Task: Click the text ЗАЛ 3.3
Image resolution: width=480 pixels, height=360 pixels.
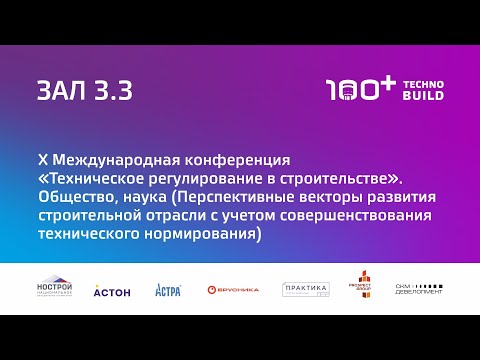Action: click(84, 90)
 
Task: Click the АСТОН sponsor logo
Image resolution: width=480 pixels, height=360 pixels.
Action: click(111, 290)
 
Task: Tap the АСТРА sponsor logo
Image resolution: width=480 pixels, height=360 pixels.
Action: click(168, 290)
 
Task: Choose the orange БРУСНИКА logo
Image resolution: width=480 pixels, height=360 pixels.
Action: click(232, 290)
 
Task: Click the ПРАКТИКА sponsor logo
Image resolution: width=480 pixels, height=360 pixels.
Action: click(306, 289)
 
